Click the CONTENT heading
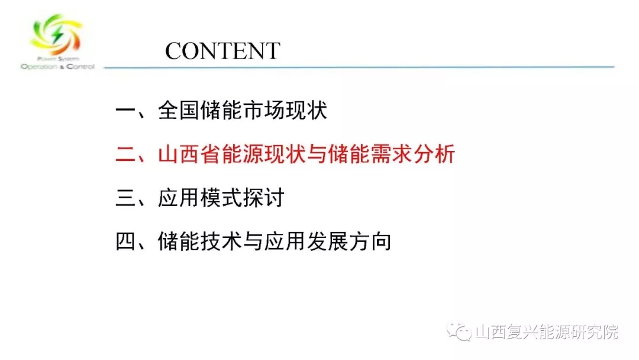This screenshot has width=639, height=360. click(x=222, y=51)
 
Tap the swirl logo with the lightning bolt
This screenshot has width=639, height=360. click(x=56, y=34)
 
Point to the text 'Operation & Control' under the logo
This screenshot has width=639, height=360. click(x=57, y=66)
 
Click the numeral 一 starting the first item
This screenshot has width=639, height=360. click(x=127, y=111)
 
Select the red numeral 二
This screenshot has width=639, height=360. click(x=127, y=155)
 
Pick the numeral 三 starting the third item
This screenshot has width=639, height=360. click(x=127, y=198)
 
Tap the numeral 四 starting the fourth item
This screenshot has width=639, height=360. click(x=127, y=242)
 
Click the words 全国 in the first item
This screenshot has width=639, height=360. click(x=179, y=111)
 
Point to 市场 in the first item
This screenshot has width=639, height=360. click(x=264, y=111)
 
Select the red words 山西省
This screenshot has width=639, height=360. click(x=189, y=154)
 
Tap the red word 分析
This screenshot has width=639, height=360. click(x=434, y=154)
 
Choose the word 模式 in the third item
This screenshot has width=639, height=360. click(x=221, y=198)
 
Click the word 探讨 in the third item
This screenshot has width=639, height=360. click(x=264, y=198)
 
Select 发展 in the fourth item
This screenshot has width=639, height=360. click(x=327, y=242)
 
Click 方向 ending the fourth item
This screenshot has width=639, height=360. click(x=370, y=242)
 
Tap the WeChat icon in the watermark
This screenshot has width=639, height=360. click(x=459, y=332)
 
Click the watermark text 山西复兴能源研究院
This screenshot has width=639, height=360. click(x=547, y=332)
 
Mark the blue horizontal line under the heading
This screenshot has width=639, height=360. click(x=359, y=67)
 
